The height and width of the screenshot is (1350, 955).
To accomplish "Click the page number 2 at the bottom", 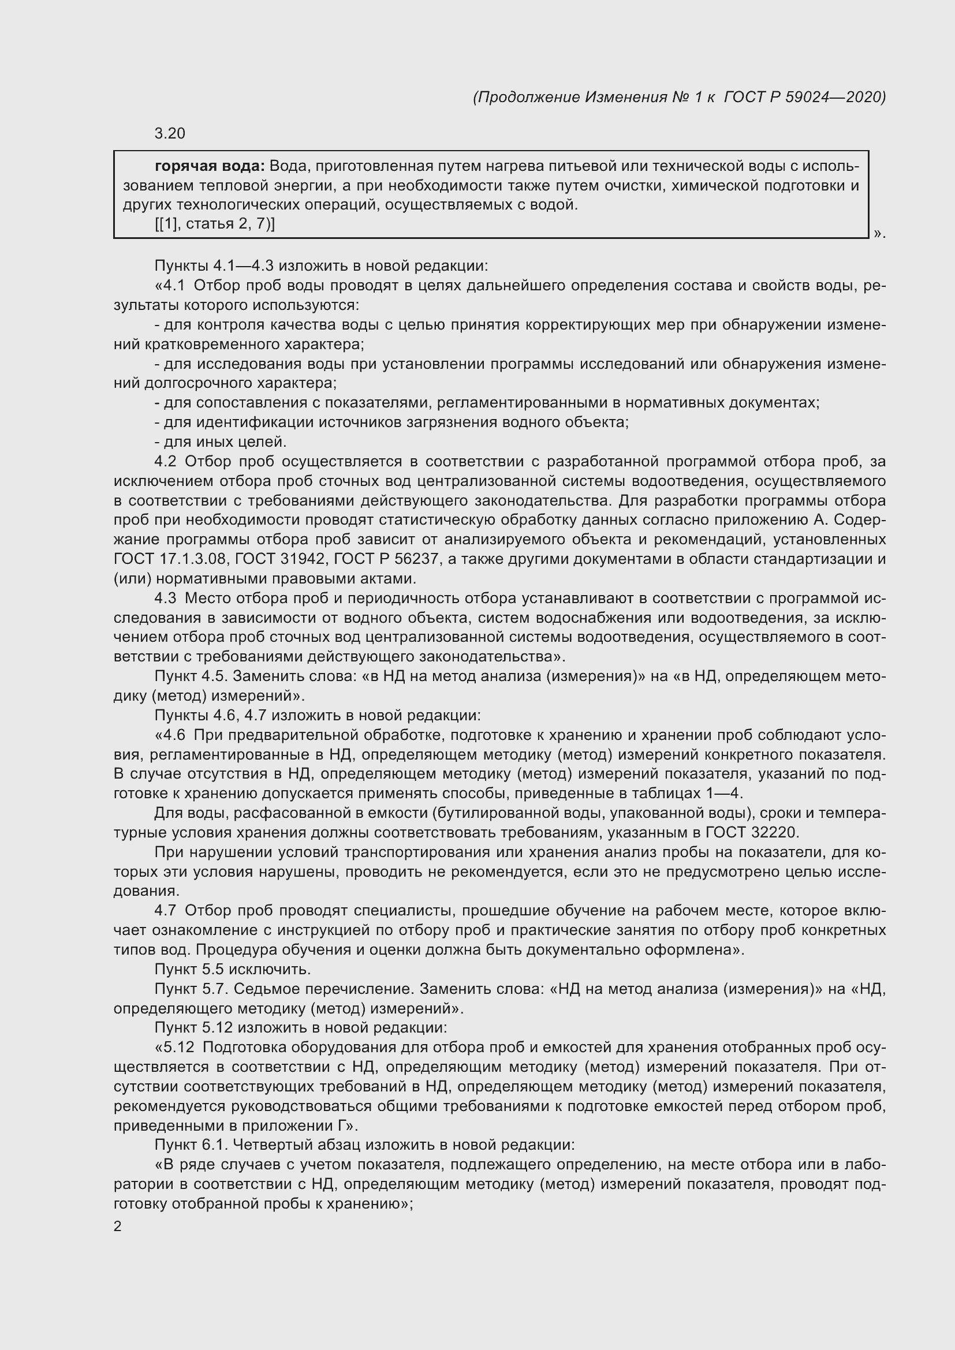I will tap(118, 1226).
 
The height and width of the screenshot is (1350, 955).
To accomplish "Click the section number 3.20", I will tap(169, 134).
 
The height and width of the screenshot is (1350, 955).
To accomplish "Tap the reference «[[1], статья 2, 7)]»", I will tap(215, 224).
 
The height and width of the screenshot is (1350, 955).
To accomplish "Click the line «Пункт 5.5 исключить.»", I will tap(233, 969).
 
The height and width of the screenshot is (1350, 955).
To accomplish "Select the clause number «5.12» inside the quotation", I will tap(182, 1047).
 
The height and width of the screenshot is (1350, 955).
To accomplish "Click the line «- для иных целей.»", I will tap(221, 442).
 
